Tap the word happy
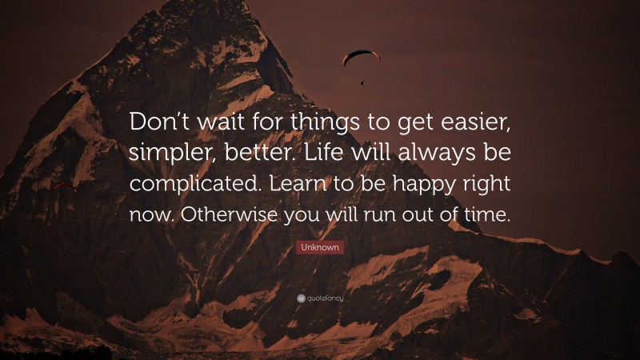click(422, 186)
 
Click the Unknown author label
click(320, 248)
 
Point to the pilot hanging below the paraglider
click(362, 81)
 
